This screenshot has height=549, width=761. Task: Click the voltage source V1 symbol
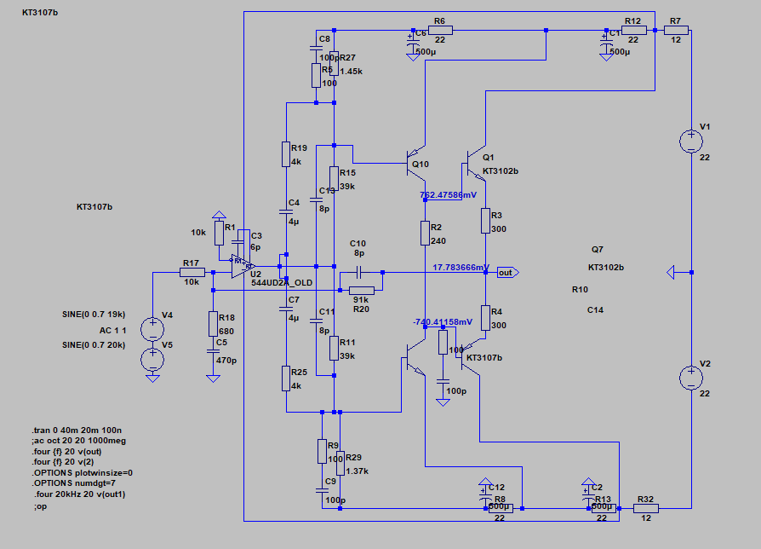pyautogui.click(x=689, y=140)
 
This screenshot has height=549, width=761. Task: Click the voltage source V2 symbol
pyautogui.click(x=689, y=377)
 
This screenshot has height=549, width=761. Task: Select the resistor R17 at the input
pyautogui.click(x=192, y=272)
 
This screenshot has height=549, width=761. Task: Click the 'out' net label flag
pyautogui.click(x=507, y=273)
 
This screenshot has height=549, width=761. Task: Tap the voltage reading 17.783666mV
pyautogui.click(x=461, y=268)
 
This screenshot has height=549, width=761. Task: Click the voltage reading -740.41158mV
pyautogui.click(x=442, y=322)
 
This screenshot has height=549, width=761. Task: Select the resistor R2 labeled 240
pyautogui.click(x=425, y=233)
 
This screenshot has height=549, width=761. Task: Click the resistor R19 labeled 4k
pyautogui.click(x=287, y=154)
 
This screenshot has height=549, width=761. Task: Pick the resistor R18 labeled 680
pyautogui.click(x=212, y=324)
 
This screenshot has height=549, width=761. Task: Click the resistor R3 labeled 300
pyautogui.click(x=485, y=221)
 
